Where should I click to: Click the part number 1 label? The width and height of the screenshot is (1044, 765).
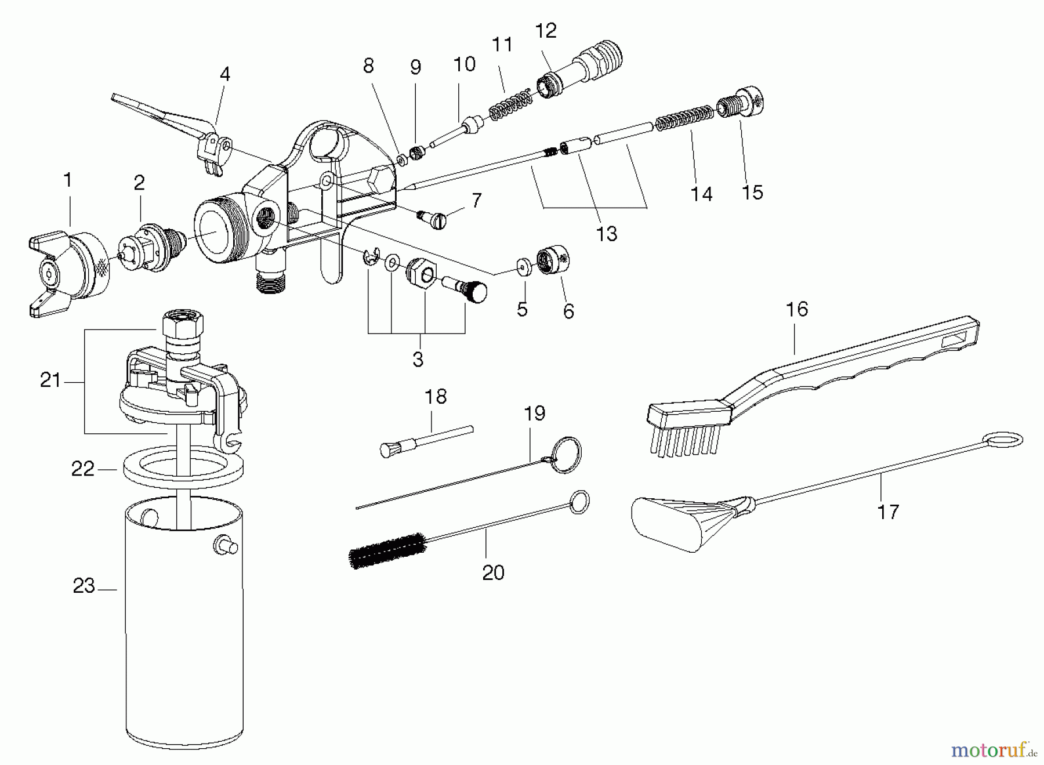[x=68, y=180]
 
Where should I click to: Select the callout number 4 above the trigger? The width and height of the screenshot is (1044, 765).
[x=224, y=74]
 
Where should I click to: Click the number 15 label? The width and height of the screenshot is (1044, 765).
[x=752, y=193]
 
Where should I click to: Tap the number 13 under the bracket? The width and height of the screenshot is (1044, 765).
[x=607, y=234]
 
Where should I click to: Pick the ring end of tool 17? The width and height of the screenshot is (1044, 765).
[x=1004, y=440]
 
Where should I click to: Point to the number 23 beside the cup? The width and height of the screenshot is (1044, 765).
[x=84, y=586]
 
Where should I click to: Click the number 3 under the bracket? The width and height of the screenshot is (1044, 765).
[x=418, y=359]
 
